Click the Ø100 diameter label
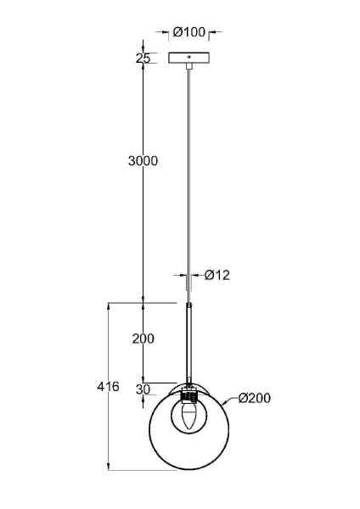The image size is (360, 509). pos(189,32)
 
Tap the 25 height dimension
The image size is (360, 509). pos(143,59)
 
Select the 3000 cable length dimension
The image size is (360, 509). pos(143,160)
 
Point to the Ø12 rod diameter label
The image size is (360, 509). pos(217,275)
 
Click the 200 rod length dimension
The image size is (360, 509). pos(143,338)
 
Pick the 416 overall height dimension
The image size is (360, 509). pos(108,387)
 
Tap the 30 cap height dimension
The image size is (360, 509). pos(143,389)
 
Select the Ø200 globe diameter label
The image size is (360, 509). pos(254,398)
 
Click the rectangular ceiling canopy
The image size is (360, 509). pos(189,58)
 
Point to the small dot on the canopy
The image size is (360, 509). pos(189,57)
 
